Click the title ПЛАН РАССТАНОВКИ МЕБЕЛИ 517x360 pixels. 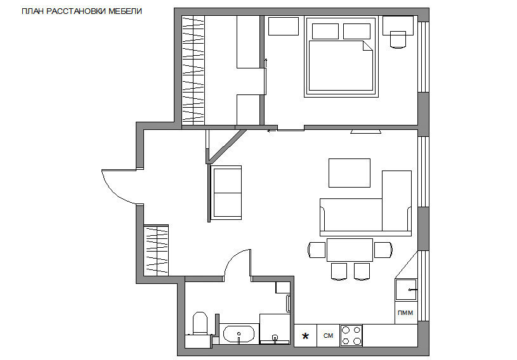click(82, 11)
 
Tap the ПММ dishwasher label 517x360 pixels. click(405, 313)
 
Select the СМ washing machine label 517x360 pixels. click(328, 336)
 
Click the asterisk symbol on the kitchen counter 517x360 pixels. click(305, 336)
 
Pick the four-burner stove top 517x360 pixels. click(351, 336)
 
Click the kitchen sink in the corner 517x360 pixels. click(406, 290)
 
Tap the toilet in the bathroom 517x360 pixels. click(200, 323)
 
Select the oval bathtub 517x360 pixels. click(239, 335)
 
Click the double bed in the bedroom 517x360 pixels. click(341, 57)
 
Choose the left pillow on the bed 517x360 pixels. click(325, 31)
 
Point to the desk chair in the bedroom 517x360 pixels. click(398, 40)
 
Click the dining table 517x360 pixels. click(350, 250)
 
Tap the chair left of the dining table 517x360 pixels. click(317, 250)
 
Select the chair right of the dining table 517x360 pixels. click(383, 250)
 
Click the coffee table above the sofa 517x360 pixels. click(350, 173)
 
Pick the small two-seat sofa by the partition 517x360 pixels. click(226, 193)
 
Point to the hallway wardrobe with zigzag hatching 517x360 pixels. click(156, 250)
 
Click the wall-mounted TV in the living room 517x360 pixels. click(365, 132)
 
